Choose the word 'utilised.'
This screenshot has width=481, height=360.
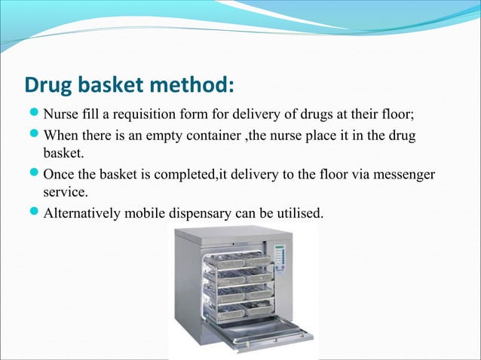pyautogui.click(x=297, y=214)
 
